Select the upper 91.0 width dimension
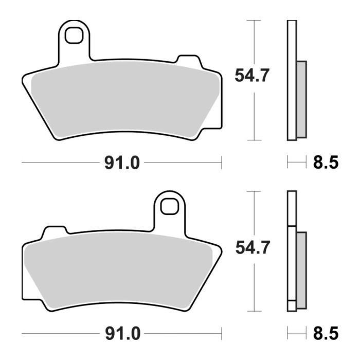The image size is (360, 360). (x=122, y=163)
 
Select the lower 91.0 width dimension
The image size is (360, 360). (x=122, y=334)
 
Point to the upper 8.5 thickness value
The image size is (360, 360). (x=325, y=163)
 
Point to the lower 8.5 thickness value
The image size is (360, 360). (x=325, y=334)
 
